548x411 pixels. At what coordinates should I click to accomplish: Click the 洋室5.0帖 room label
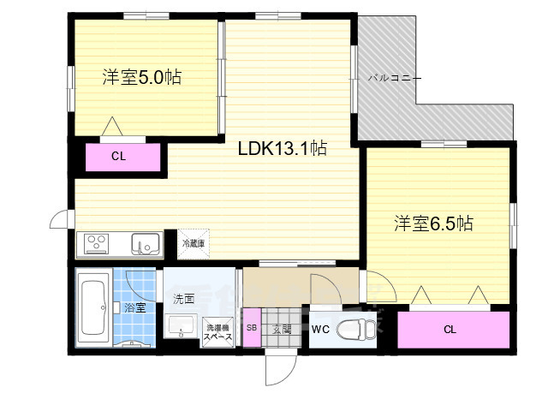141,76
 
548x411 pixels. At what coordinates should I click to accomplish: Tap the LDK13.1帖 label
282,147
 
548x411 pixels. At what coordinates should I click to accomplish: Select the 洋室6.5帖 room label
433,223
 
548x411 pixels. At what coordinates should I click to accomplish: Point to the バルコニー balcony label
395,77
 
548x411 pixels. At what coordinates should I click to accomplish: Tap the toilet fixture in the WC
356,329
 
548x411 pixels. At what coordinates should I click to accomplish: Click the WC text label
320,329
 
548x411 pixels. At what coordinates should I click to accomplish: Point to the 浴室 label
134,306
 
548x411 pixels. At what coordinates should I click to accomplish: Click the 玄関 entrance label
282,329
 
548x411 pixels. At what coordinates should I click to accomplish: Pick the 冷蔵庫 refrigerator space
193,243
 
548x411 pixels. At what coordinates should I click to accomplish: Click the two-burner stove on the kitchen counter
97,245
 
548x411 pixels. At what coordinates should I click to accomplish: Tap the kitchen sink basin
143,245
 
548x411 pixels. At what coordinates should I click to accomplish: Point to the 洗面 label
183,300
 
